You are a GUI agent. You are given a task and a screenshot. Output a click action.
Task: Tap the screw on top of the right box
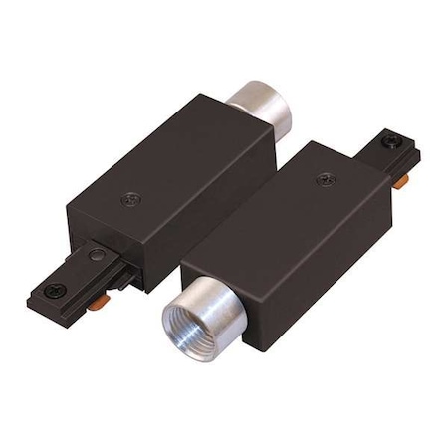(324, 180)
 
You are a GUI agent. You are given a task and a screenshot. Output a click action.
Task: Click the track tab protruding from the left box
(75, 279)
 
